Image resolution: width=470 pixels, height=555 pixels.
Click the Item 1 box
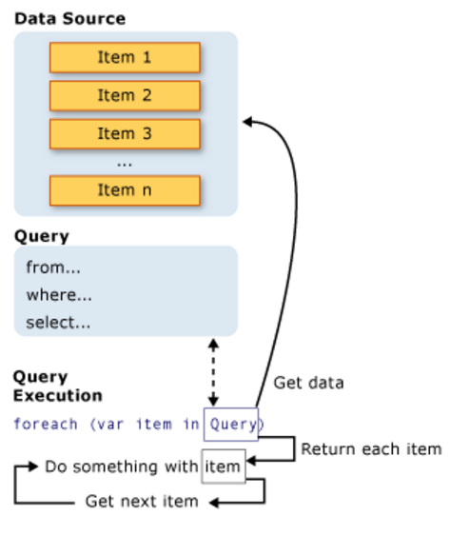[x=125, y=58]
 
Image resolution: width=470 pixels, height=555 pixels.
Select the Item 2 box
[x=125, y=96]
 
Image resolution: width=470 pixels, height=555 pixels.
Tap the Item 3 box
[x=125, y=134]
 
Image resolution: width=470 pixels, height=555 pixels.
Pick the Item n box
[x=125, y=190]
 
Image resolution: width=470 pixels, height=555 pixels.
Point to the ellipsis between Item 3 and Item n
[x=125, y=163]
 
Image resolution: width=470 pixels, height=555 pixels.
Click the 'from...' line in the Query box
[x=53, y=268]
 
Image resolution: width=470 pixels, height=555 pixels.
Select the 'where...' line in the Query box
[x=59, y=295]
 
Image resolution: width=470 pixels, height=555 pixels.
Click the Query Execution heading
[x=57, y=387]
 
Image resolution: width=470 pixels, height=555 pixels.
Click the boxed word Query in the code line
[x=230, y=424]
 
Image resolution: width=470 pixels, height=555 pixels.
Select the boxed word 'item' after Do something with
[x=224, y=466]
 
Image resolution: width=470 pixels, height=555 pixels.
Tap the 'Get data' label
[x=308, y=384]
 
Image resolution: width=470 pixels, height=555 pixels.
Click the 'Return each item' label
[x=371, y=449]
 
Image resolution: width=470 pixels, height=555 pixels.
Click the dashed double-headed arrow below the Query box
[x=213, y=372]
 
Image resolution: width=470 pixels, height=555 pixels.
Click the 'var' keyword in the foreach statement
[x=105, y=424]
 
